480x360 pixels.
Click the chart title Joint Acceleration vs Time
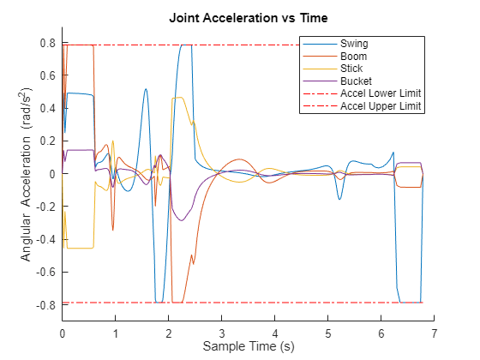click(x=248, y=17)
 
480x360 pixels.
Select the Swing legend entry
click(x=351, y=43)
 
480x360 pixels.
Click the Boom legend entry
click(x=351, y=56)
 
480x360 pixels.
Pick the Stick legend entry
click(x=351, y=69)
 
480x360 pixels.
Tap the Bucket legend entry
click(x=354, y=81)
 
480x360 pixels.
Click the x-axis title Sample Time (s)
click(x=248, y=346)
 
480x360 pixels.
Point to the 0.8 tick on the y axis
click(x=48, y=43)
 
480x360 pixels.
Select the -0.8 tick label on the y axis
click(x=46, y=304)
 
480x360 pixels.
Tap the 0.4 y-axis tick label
click(x=48, y=108)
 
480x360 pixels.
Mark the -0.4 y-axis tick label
click(x=46, y=239)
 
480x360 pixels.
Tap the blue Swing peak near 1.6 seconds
click(x=146, y=89)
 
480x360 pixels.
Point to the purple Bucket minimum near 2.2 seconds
click(x=181, y=220)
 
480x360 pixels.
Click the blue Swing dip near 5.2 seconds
click(x=339, y=200)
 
